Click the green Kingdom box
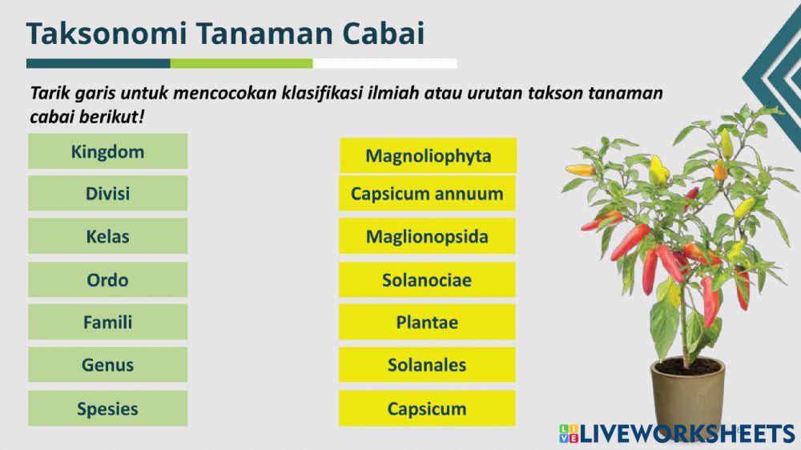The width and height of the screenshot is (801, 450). point(107,151)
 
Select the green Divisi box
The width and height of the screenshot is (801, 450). point(107,194)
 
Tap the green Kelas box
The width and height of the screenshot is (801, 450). point(107,237)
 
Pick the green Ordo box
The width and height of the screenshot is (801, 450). point(107,280)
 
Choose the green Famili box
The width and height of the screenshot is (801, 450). point(107,323)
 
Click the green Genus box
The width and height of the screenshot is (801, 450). point(107,365)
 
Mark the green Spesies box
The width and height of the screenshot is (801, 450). point(107,408)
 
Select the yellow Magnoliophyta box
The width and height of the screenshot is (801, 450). point(427,155)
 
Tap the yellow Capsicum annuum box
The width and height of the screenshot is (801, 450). point(427,194)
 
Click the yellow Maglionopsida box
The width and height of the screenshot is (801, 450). point(427,237)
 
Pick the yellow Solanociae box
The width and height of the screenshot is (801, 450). point(427,280)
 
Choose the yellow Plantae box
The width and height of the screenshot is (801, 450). point(427,323)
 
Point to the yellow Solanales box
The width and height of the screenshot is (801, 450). point(427,365)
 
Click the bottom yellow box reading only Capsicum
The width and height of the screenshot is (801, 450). point(427,408)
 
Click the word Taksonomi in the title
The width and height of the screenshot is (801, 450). point(107,34)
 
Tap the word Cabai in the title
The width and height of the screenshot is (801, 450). point(383,34)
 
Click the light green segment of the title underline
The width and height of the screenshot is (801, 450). point(241,63)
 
